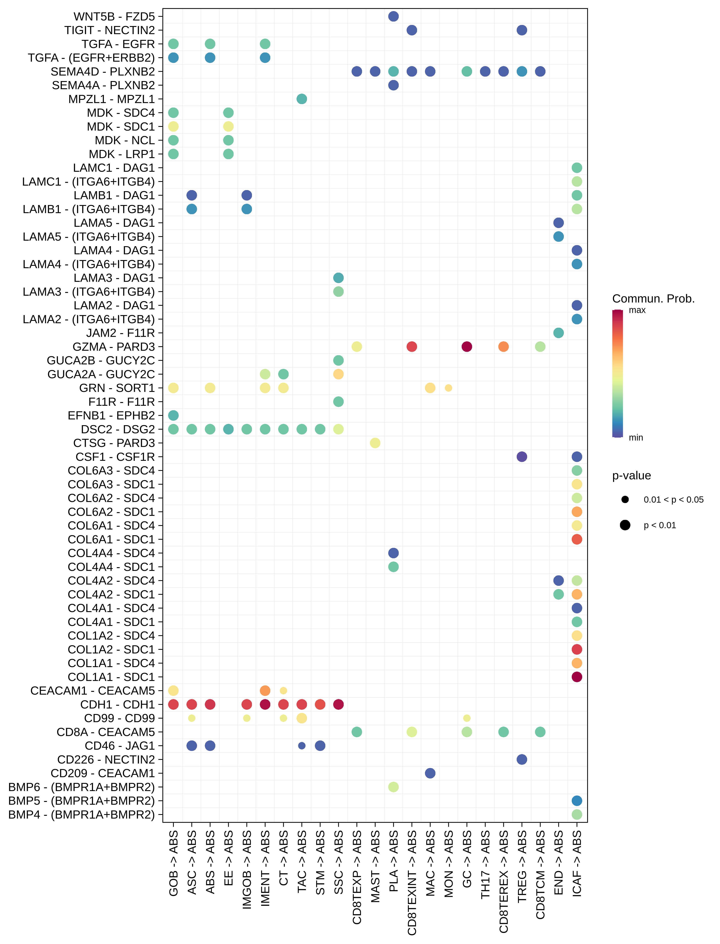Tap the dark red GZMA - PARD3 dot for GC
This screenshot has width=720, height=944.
467,347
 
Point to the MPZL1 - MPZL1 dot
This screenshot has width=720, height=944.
302,99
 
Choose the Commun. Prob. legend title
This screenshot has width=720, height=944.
653,299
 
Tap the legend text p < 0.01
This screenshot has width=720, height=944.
660,525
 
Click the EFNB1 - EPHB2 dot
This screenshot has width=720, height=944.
173,415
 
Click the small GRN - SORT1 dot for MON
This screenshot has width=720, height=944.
448,388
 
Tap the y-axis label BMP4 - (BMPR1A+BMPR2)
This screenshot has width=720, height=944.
81,815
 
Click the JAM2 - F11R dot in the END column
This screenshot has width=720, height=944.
559,333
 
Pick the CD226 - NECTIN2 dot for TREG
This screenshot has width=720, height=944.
522,759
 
